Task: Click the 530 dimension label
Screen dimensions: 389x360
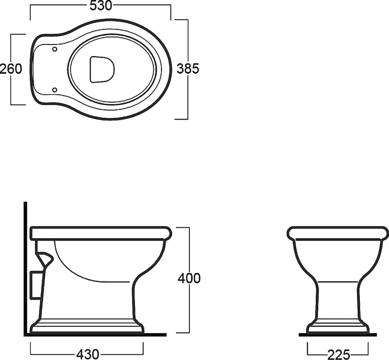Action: click(101, 6)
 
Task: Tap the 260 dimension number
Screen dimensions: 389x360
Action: click(11, 69)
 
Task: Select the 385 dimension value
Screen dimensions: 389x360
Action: click(188, 69)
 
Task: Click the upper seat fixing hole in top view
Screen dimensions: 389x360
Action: click(55, 49)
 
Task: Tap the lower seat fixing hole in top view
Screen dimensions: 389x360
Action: click(55, 90)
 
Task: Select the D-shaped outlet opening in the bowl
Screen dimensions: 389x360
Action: click(102, 69)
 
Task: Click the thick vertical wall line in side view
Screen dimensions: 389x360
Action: click(25, 298)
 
